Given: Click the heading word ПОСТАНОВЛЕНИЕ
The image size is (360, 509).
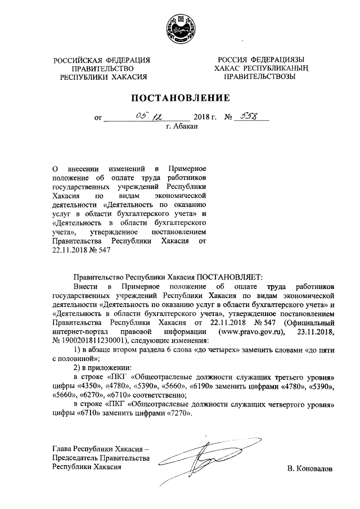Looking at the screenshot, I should (180, 98).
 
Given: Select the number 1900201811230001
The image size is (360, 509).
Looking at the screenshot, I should (94, 341).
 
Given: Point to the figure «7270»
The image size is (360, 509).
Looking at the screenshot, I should (175, 414).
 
